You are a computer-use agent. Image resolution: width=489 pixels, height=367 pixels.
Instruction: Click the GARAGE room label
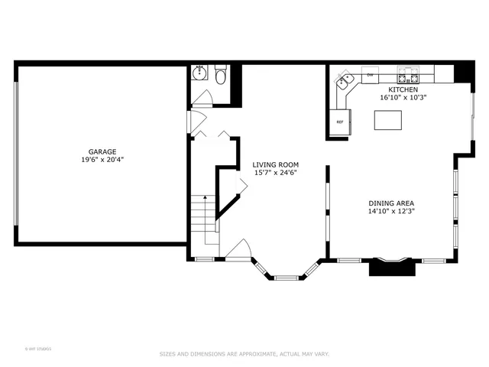click(102, 151)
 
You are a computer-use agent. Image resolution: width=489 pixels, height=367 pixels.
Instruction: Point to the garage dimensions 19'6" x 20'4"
click(102, 160)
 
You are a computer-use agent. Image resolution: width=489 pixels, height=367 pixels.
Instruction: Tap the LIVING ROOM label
click(276, 164)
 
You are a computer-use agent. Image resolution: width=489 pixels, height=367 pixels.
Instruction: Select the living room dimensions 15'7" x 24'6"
click(276, 173)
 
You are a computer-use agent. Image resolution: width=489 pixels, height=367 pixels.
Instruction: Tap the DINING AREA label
click(390, 203)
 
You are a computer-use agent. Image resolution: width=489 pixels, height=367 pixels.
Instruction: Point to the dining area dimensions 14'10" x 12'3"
click(390, 212)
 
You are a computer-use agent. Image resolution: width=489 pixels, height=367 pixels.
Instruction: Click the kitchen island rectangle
click(388, 121)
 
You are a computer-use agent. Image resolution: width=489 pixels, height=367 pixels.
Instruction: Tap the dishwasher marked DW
click(370, 75)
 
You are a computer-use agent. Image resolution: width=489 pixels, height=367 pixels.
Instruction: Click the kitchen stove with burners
click(407, 76)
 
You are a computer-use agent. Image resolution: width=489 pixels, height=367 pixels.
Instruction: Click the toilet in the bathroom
click(221, 76)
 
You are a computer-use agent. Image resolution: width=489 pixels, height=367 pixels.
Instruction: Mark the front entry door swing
click(238, 250)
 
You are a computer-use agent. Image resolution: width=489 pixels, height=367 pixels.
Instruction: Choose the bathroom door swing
click(202, 99)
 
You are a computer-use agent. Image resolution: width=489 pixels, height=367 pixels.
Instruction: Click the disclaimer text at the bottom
click(244, 354)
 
